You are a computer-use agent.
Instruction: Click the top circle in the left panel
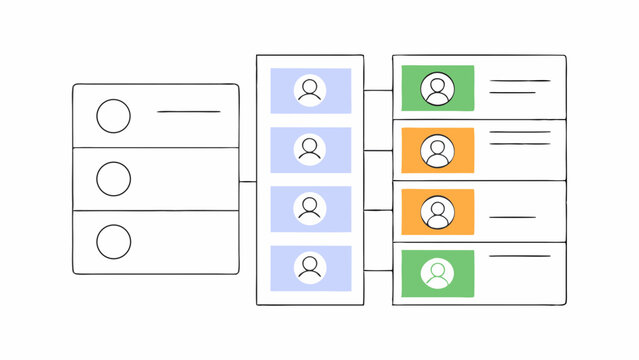pyautogui.click(x=113, y=117)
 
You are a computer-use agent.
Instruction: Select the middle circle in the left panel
pyautogui.click(x=113, y=179)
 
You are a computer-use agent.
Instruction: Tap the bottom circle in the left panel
pyautogui.click(x=113, y=241)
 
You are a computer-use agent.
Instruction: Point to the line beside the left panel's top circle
pyautogui.click(x=188, y=111)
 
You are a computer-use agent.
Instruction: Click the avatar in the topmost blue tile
pyautogui.click(x=310, y=90)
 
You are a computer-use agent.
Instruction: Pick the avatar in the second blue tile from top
pyautogui.click(x=310, y=149)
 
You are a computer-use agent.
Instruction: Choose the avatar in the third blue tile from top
pyautogui.click(x=310, y=208)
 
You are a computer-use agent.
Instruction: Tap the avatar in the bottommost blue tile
pyautogui.click(x=310, y=267)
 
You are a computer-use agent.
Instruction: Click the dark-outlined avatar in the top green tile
pyautogui.click(x=437, y=89)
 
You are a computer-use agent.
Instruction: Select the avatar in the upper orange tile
pyautogui.click(x=437, y=151)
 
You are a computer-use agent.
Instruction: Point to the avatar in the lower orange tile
pyautogui.click(x=437, y=212)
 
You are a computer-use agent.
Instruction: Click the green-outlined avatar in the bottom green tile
pyautogui.click(x=437, y=273)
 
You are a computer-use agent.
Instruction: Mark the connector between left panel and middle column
pyautogui.click(x=247, y=181)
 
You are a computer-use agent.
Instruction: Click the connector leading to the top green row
pyautogui.click(x=378, y=90)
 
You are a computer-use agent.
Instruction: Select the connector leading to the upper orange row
pyautogui.click(x=378, y=151)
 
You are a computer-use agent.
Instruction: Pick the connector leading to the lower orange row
pyautogui.click(x=378, y=210)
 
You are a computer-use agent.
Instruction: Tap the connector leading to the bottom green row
pyautogui.click(x=378, y=269)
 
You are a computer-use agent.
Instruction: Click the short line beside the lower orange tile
pyautogui.click(x=512, y=217)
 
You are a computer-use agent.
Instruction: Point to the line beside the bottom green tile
pyautogui.click(x=519, y=256)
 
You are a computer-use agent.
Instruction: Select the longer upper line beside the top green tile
pyautogui.click(x=519, y=81)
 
